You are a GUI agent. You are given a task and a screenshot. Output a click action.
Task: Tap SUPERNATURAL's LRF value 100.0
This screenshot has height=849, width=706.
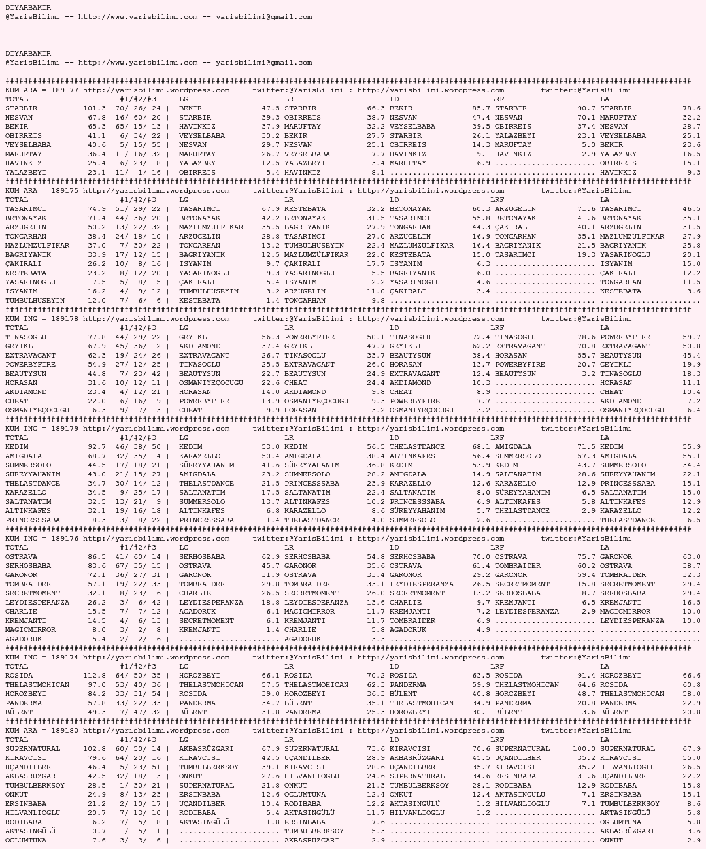pyautogui.click(x=584, y=749)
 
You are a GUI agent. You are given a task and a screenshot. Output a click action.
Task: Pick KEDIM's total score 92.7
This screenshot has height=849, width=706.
pyautogui.click(x=96, y=447)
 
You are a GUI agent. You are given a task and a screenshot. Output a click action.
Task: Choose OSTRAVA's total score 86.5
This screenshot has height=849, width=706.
pyautogui.click(x=96, y=557)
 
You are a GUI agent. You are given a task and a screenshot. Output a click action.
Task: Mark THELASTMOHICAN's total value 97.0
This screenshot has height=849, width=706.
pyautogui.click(x=96, y=685)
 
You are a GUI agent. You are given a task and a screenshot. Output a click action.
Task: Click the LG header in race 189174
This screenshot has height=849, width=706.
pyautogui.click(x=184, y=667)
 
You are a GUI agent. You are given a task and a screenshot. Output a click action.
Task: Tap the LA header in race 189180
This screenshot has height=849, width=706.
pyautogui.click(x=605, y=740)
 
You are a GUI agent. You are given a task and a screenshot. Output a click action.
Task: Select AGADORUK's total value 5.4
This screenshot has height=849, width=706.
pyautogui.click(x=99, y=639)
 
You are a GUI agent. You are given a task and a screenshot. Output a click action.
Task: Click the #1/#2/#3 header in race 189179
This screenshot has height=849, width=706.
pyautogui.click(x=137, y=438)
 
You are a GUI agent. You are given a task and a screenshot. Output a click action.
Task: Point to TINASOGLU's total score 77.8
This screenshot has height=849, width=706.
pyautogui.click(x=96, y=337)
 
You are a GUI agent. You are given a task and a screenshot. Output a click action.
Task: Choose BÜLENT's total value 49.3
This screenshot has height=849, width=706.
pyautogui.click(x=96, y=712)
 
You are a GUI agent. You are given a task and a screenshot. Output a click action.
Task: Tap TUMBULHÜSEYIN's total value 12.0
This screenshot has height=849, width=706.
pyautogui.click(x=96, y=301)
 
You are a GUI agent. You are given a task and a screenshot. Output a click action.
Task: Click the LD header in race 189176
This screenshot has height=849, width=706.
pyautogui.click(x=394, y=548)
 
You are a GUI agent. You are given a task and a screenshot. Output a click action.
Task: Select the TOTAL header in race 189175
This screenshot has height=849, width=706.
pyautogui.click(x=17, y=200)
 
